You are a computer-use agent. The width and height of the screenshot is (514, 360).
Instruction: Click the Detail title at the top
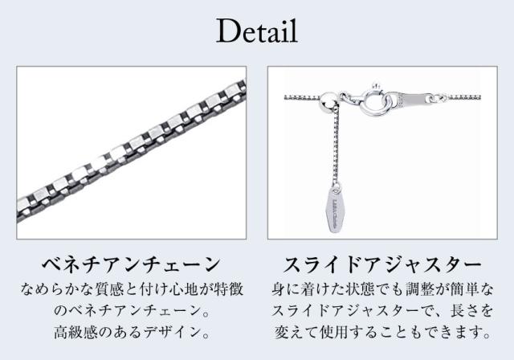click(257, 31)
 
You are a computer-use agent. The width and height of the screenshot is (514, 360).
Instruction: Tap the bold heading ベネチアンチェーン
click(131, 264)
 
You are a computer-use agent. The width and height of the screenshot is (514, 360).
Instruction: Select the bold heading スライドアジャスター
click(382, 264)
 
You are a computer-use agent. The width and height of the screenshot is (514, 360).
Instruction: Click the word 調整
click(417, 289)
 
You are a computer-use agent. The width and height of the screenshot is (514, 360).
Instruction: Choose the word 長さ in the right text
click(462, 311)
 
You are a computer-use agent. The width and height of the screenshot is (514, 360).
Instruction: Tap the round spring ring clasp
click(374, 100)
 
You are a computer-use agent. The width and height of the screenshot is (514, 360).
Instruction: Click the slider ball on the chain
click(328, 100)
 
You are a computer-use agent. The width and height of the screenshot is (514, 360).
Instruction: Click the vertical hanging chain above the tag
click(335, 145)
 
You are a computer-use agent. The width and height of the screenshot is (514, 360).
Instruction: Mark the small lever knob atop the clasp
click(376, 86)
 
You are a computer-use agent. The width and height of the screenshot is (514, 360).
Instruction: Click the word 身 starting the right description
click(279, 289)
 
